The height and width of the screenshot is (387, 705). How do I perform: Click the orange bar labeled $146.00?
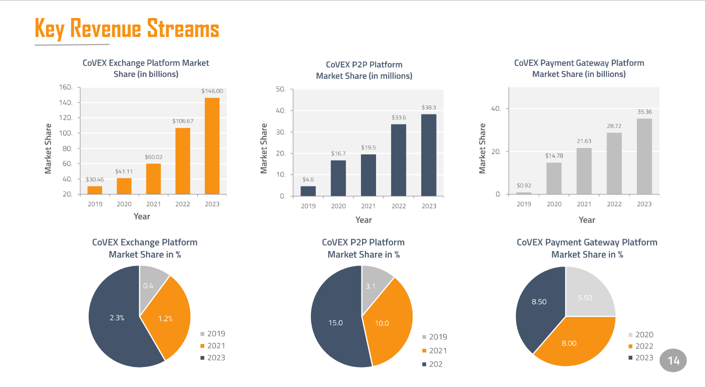coord(212,145)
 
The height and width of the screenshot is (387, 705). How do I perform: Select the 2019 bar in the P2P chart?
coord(308,191)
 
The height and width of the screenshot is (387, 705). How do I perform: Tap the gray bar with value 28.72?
coord(614,163)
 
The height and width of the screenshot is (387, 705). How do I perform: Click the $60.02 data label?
coord(153,157)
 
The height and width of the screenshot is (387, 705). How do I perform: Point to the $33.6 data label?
coord(399,117)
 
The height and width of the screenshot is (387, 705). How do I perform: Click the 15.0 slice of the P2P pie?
coord(335,322)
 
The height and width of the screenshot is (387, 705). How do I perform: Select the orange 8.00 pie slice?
coord(569,343)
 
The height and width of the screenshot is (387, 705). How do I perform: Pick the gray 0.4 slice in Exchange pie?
coord(149,285)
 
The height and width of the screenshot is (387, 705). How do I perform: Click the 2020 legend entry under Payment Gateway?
coord(640,334)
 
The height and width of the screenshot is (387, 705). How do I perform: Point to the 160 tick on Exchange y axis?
coord(66,87)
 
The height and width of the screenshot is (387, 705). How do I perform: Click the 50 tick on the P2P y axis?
coord(280,89)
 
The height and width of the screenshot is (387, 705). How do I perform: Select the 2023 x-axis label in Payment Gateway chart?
coord(644,204)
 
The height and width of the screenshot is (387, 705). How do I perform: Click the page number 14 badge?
coord(673,360)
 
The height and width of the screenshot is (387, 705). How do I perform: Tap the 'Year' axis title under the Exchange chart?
coord(142,216)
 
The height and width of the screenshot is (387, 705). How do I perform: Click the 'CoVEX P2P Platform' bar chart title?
coord(364,64)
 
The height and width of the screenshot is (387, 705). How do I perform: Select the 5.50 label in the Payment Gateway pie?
coord(585,297)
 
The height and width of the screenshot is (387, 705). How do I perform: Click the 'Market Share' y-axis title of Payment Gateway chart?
coord(483,148)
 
